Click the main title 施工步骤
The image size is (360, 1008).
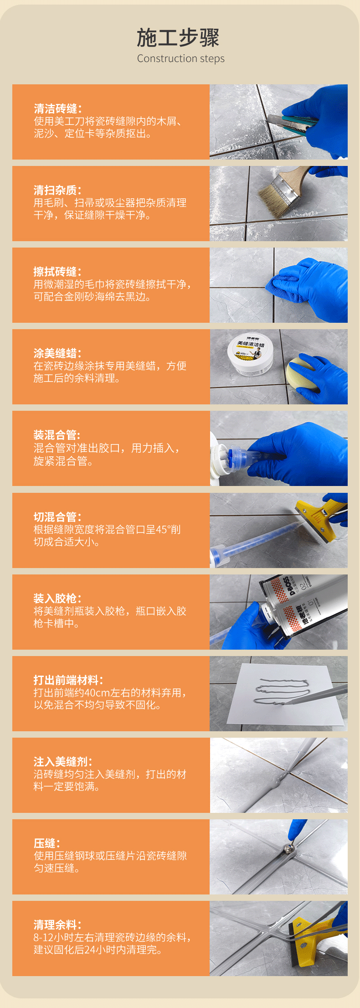[178, 38]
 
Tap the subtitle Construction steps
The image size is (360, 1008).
[181, 58]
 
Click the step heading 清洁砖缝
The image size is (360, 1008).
[58, 109]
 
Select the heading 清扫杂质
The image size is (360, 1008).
[58, 190]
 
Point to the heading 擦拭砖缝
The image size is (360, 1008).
[58, 272]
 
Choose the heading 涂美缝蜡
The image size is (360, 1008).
[58, 353]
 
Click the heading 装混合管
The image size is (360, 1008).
[57, 435]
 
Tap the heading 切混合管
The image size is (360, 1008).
[58, 517]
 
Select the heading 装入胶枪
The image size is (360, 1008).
[58, 598]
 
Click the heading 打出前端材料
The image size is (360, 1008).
[68, 680]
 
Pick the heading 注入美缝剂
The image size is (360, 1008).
[63, 762]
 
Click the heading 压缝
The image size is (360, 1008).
[47, 843]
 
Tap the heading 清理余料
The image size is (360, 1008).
[58, 925]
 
